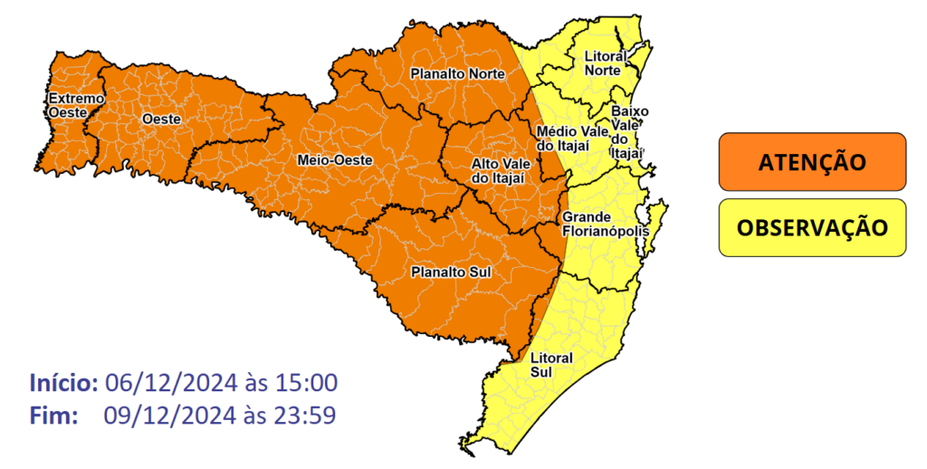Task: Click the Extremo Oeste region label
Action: pos(76,105)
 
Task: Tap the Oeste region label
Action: pos(161,119)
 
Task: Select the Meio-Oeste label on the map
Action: pos(335,160)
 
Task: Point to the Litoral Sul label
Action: pos(551,364)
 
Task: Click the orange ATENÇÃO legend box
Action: pos(812,163)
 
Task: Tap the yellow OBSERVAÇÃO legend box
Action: pos(812,227)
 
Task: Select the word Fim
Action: pos(53,416)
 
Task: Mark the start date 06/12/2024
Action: pos(169,382)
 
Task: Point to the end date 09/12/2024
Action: pos(169,416)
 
